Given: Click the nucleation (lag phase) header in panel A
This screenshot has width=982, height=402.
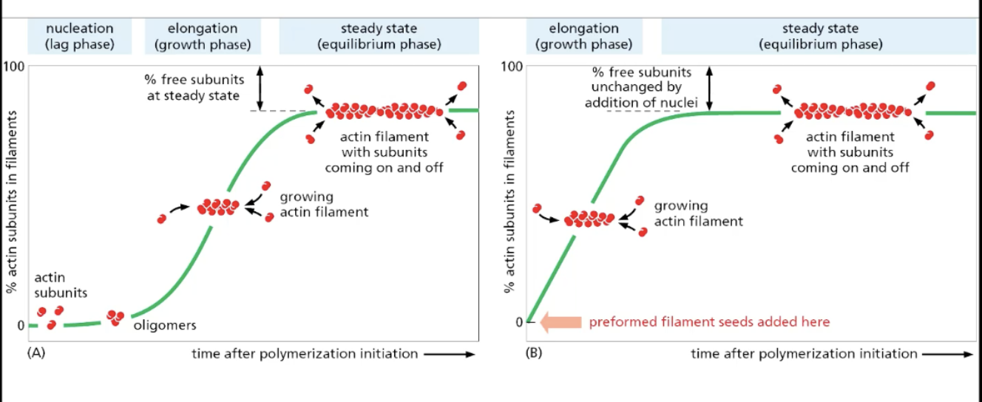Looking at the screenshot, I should coord(80,36).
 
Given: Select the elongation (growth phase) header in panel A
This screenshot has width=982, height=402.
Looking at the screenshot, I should coord(203,36).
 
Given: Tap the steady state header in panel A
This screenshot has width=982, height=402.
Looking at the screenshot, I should coord(379,36).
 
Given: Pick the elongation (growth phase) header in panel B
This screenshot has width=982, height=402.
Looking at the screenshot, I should coord(583,36).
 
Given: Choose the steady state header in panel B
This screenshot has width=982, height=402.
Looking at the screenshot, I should coord(820,36).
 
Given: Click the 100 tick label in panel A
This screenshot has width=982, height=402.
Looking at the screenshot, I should coord(15,67).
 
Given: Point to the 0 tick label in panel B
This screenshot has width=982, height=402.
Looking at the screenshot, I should coord(519,322).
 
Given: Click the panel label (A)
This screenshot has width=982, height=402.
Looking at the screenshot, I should coord(36,353).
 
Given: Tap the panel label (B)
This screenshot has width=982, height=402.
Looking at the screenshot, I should coord(533,353).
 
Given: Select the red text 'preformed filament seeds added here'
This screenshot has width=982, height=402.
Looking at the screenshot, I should coord(709,322).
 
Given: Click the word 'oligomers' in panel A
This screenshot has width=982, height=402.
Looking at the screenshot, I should coord(165,325).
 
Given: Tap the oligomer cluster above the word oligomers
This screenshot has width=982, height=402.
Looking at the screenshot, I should coord(115,317).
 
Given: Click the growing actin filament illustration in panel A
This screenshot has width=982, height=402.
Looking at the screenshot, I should coord(218,207).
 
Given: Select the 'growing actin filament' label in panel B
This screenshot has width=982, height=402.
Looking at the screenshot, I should coord(698,213).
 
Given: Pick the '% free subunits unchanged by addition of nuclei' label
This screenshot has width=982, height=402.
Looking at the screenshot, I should coord(641,88).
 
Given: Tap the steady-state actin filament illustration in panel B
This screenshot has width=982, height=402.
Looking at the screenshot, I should coord(853,112).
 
